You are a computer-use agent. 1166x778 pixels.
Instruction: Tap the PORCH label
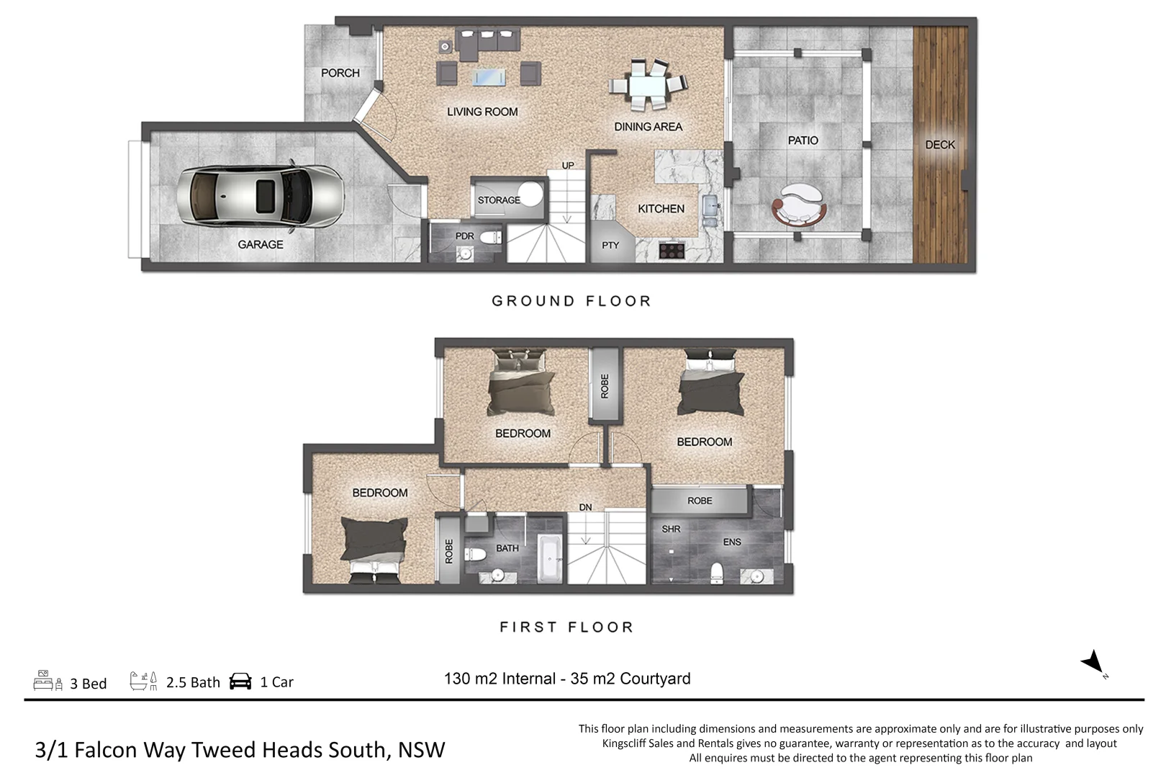tap(340, 73)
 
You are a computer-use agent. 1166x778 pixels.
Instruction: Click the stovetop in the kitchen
tap(672, 250)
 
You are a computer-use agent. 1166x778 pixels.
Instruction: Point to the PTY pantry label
tap(610, 246)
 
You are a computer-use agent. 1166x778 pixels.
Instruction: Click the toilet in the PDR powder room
tap(491, 237)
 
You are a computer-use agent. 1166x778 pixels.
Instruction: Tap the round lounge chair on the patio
tap(799, 205)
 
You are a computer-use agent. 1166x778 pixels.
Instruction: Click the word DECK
tap(939, 145)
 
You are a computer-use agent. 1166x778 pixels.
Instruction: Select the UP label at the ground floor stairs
tap(568, 166)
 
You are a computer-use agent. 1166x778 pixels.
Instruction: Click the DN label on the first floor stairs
tap(585, 507)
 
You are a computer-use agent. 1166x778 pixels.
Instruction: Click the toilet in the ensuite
tap(716, 572)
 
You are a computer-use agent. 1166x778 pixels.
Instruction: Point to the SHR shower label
tap(671, 529)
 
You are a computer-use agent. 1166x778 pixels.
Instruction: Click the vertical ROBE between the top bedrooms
tap(605, 385)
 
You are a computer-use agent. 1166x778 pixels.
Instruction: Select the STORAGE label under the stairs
tap(498, 200)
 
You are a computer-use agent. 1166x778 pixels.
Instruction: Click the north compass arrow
tap(1093, 661)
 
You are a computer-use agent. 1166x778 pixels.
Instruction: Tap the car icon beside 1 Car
tap(240, 681)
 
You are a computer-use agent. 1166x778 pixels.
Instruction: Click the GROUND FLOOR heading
tap(571, 301)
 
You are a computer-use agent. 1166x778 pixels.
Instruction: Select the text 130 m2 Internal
tap(500, 679)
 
